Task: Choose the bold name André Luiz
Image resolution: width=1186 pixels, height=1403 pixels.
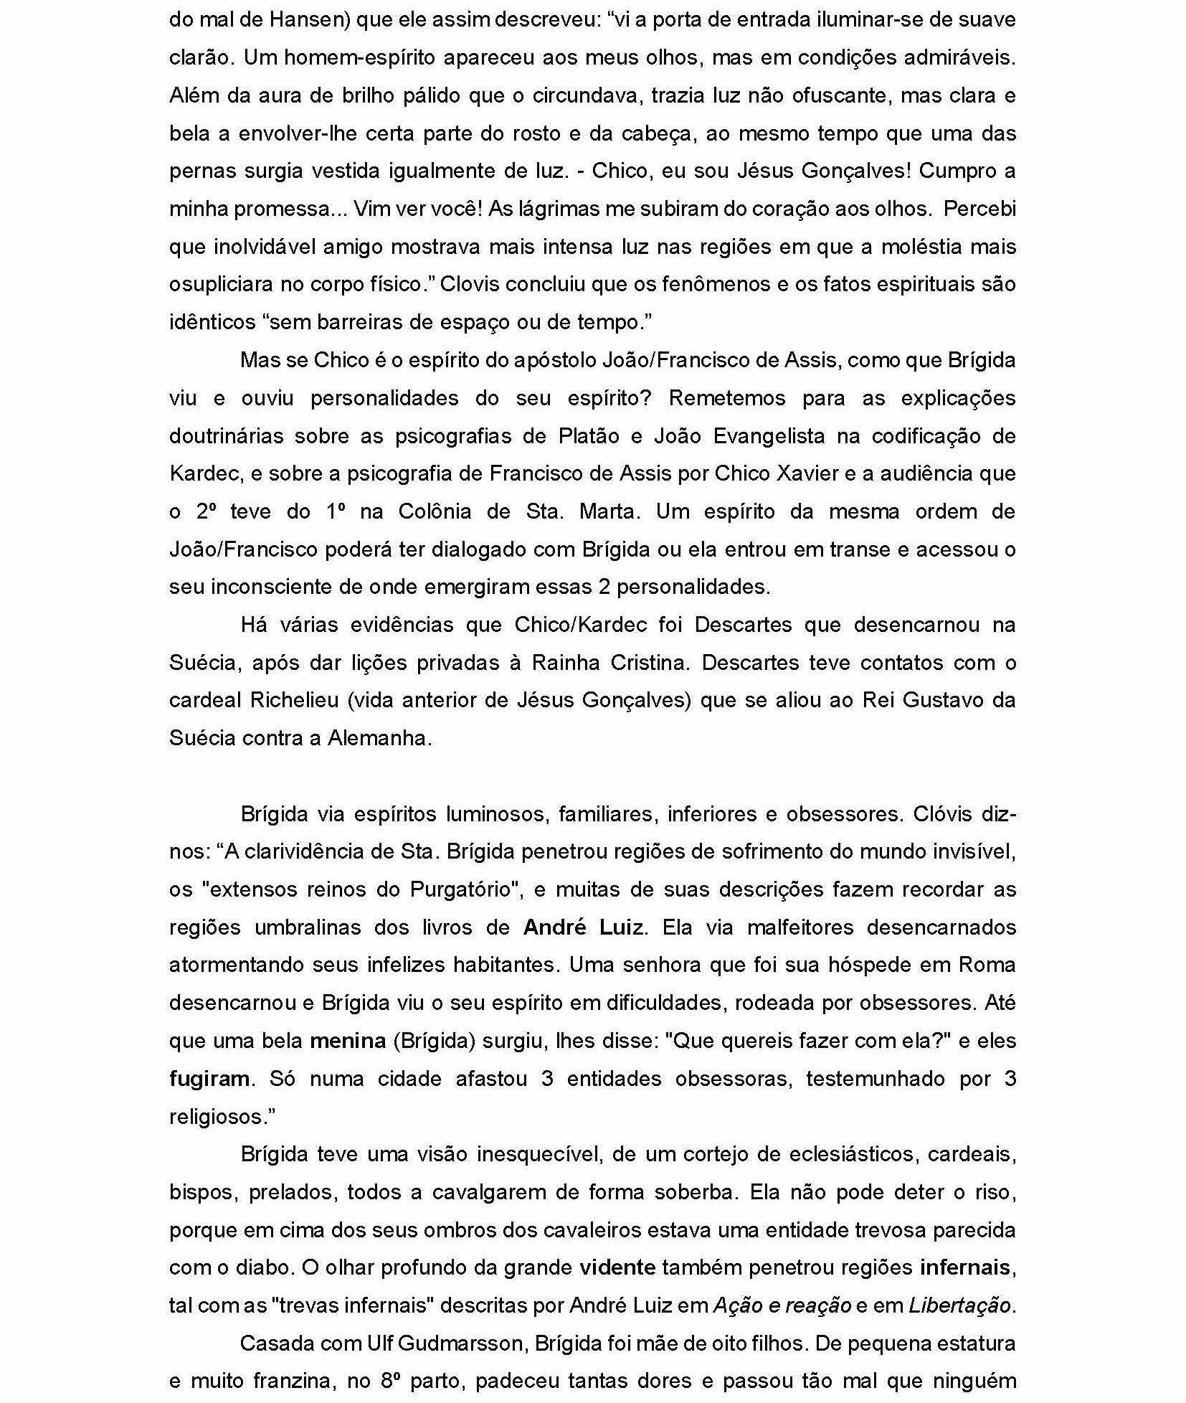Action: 583,927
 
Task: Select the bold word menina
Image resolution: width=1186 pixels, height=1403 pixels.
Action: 348,1041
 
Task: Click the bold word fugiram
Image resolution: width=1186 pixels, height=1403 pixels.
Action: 209,1079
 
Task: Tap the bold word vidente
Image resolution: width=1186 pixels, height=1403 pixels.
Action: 617,1268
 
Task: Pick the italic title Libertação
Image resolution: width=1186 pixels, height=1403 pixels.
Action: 960,1305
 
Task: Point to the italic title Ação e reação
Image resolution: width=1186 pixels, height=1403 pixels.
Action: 782,1305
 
